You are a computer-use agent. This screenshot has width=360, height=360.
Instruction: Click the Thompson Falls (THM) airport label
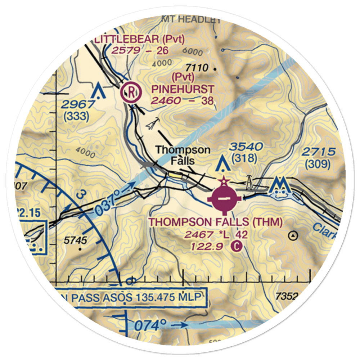216,222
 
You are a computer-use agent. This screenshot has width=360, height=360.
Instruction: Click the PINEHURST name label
183,89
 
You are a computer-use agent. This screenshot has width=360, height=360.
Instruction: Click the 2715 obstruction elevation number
318,152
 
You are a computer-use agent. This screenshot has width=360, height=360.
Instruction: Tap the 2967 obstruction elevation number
77,104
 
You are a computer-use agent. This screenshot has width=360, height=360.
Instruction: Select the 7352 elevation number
287,296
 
